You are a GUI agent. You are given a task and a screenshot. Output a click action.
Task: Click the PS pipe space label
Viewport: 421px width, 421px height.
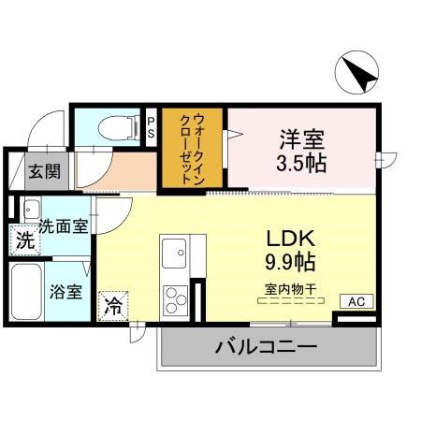pos(152,125)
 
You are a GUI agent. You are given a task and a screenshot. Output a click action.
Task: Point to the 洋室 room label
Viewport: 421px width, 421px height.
pos(299,140)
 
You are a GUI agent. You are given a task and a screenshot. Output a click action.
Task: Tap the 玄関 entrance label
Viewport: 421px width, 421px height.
pos(42,171)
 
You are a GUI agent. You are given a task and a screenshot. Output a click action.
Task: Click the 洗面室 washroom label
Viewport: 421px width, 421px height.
pos(63,225)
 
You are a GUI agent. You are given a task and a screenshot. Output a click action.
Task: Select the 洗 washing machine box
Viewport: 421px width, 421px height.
pos(25,240)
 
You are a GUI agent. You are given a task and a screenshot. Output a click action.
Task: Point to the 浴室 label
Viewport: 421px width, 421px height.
pos(65,291)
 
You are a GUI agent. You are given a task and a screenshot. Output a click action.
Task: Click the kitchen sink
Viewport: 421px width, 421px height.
pos(175,253)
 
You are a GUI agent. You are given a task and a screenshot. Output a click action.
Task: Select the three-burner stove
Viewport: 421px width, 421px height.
pos(175,300)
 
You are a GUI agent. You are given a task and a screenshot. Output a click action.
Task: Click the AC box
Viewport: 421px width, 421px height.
pos(356,301)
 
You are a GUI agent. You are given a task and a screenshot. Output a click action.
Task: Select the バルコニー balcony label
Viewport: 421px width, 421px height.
pos(267,348)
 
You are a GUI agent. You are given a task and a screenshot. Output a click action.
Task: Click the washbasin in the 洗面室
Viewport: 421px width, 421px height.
pos(30,210)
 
